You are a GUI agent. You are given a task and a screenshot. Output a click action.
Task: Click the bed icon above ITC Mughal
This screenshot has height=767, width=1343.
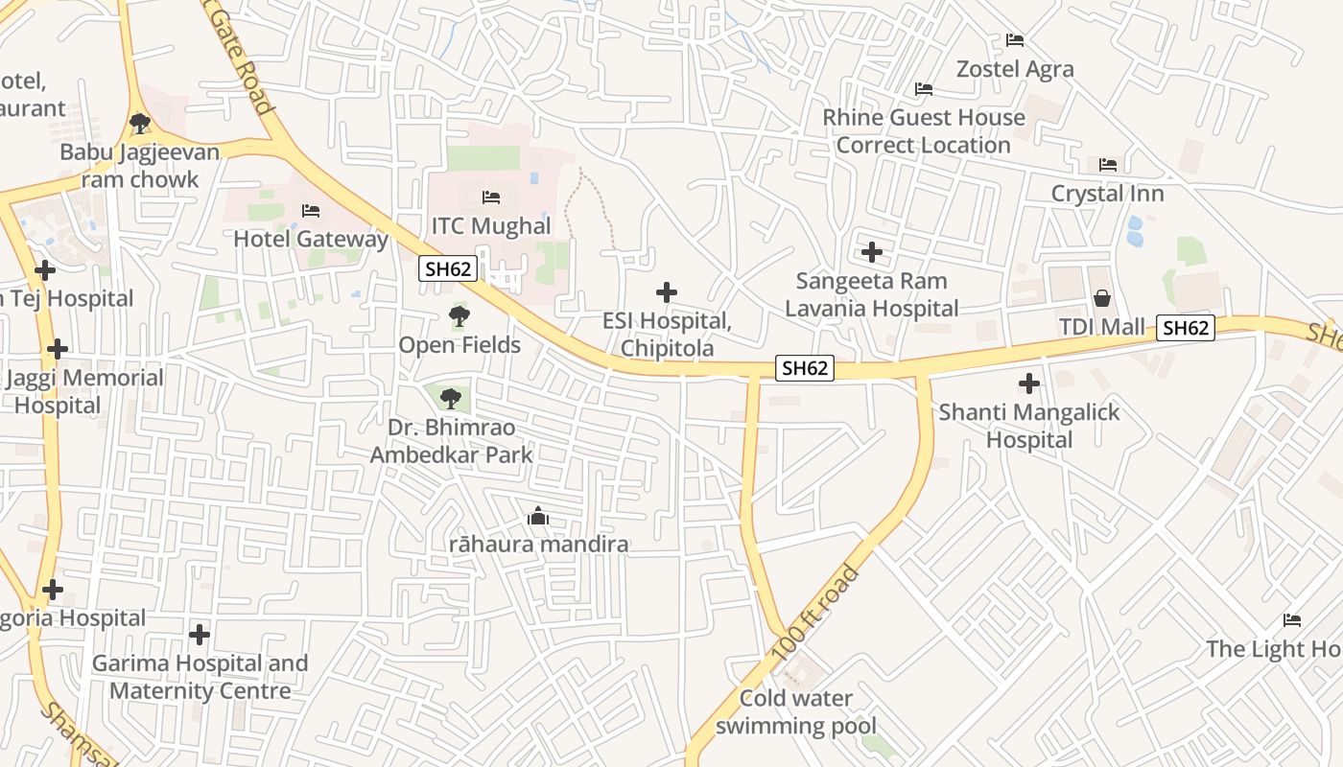coord(491,198)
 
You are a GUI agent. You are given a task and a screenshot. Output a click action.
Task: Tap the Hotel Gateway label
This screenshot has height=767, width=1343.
coord(311,239)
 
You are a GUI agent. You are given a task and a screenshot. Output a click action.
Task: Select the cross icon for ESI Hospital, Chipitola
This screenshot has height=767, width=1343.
coord(667,292)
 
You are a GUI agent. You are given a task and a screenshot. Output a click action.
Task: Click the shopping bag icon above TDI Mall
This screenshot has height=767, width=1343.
coord(1102,298)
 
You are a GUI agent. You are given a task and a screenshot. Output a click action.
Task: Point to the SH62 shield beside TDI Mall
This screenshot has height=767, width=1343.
coord(1186,328)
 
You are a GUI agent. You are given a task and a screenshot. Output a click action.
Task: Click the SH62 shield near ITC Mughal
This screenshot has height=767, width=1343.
coord(449,269)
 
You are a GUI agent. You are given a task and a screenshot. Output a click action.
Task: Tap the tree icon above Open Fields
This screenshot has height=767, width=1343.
coord(459,315)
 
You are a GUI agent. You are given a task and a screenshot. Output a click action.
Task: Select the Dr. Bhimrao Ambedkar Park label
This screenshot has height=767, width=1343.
coord(451,441)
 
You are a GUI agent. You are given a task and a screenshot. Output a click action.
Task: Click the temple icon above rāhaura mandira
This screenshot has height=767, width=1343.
coord(538,517)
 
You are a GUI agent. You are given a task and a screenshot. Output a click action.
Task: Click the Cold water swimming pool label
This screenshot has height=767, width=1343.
coord(796,712)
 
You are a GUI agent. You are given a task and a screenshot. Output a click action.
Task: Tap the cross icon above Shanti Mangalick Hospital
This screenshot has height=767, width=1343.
coord(1029,384)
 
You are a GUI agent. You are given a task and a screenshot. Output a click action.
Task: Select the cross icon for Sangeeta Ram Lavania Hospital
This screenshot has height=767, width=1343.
coord(872,252)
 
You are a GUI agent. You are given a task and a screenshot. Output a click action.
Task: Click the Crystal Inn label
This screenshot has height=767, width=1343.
coord(1107,194)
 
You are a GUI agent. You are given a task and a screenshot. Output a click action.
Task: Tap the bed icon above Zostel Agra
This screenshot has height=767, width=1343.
coord(1015,40)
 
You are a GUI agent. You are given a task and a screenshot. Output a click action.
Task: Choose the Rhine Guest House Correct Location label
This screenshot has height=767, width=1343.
coord(924,131)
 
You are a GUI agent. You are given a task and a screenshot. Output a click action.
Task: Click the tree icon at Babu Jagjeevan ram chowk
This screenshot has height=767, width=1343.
coord(139,123)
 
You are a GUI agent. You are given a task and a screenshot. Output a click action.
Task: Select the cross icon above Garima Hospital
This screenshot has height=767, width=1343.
coord(200,634)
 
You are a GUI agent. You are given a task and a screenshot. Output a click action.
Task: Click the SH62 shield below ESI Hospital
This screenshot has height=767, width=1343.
coord(804,368)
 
